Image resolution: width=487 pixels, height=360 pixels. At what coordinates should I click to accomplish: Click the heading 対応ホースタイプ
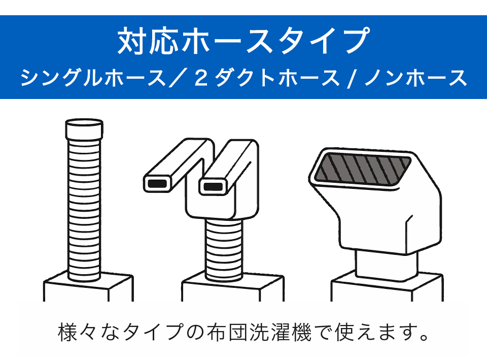pyautogui.click(x=244, y=41)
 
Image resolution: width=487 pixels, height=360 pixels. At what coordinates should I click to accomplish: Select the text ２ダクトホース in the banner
pyautogui.click(x=266, y=77)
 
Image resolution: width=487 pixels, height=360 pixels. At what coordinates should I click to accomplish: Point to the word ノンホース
pyautogui.click(x=415, y=77)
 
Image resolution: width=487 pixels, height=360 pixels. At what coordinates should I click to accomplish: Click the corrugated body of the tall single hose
pyautogui.click(x=84, y=210)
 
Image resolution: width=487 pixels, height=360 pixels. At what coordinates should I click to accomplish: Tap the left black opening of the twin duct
pyautogui.click(x=157, y=184)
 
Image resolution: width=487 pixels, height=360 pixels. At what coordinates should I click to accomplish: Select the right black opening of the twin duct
pyautogui.click(x=213, y=187)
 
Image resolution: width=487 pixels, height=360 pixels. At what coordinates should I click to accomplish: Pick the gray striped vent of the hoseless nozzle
pyautogui.click(x=363, y=168)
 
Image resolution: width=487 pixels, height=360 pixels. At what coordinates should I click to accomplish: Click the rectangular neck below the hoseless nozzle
pyautogui.click(x=387, y=265)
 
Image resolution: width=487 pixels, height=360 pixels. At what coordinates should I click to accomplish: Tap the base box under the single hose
pyautogui.click(x=88, y=287)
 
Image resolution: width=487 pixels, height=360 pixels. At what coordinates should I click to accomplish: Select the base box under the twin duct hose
pyautogui.click(x=233, y=287)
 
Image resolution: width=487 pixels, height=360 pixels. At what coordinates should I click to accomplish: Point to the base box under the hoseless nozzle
pyautogui.click(x=387, y=287)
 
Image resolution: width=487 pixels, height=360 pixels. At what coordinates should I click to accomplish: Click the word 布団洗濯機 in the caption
pyautogui.click(x=259, y=332)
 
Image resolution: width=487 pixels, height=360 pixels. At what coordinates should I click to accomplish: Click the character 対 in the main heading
pyautogui.click(x=132, y=41)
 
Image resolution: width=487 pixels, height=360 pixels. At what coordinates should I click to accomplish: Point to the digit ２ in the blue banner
pyautogui.click(x=201, y=77)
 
